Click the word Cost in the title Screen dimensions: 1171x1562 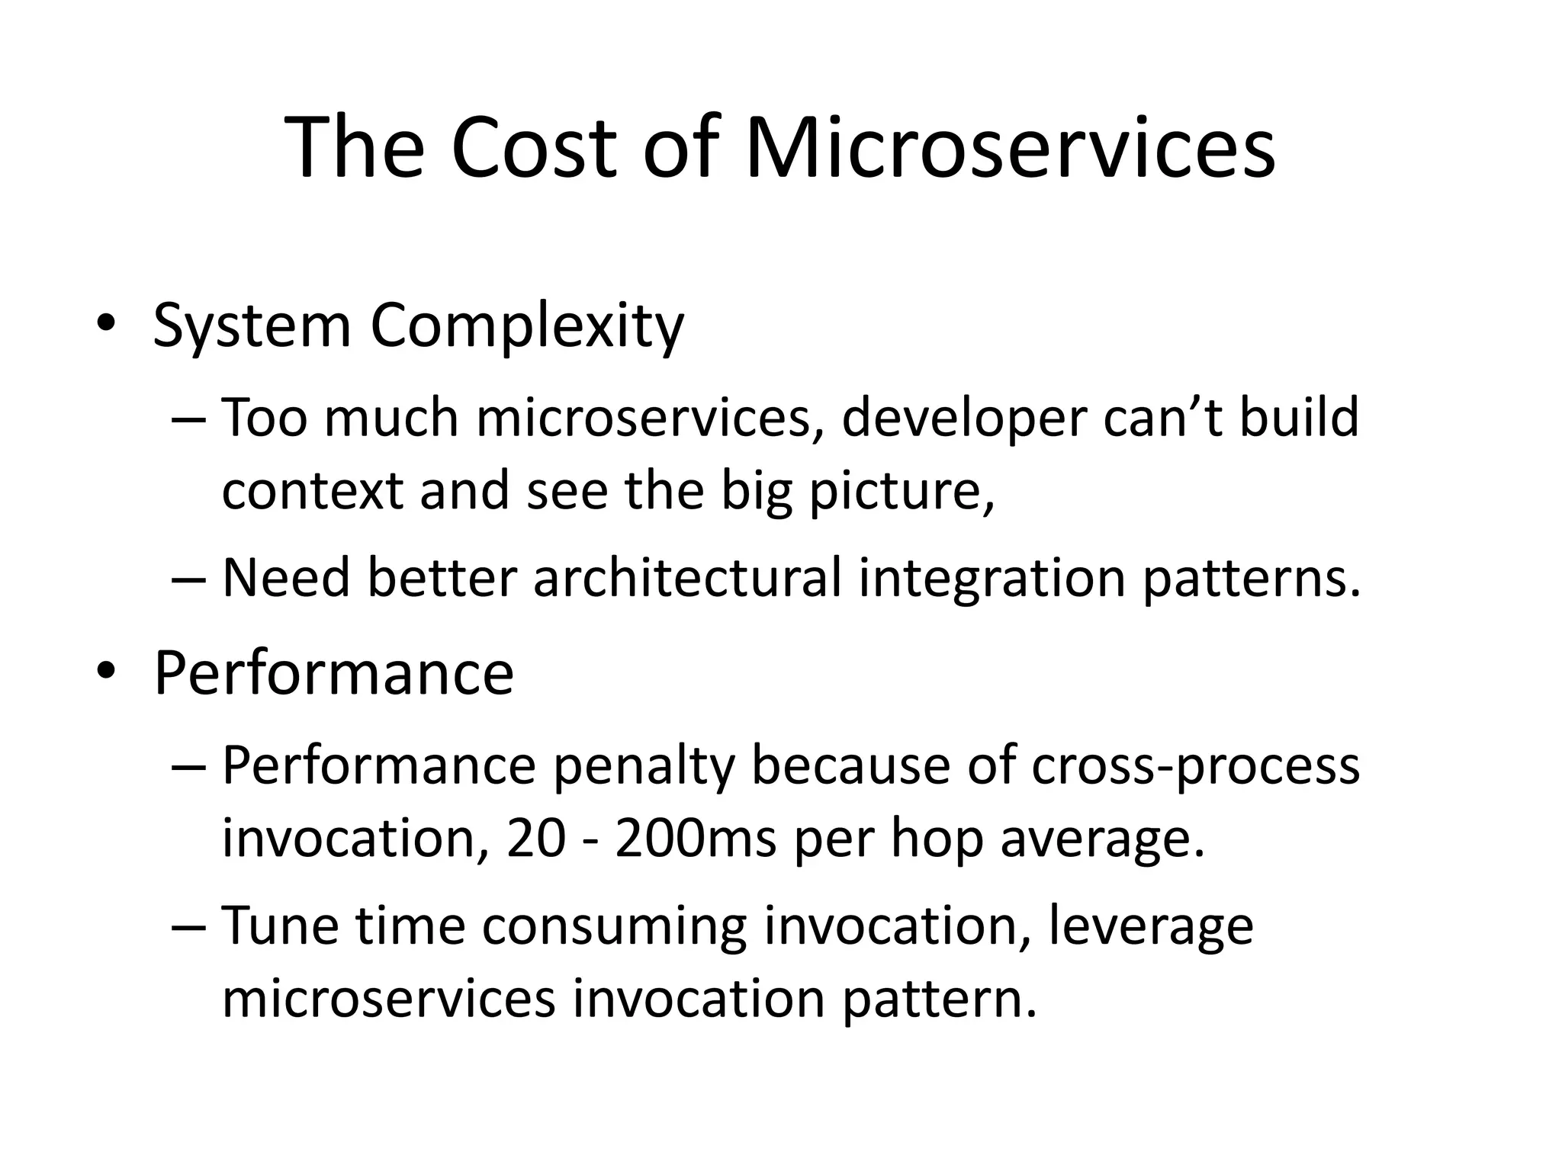tap(532, 147)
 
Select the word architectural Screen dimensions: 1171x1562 tap(686, 578)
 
